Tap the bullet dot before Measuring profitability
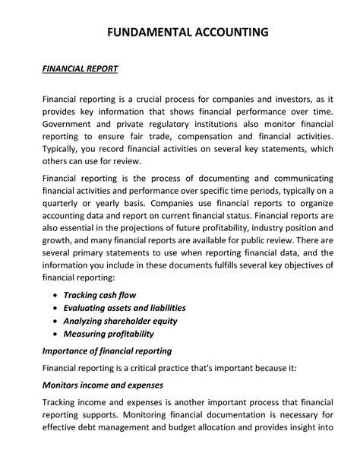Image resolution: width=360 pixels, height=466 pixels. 55,334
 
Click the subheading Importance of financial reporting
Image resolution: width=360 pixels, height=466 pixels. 106,350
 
